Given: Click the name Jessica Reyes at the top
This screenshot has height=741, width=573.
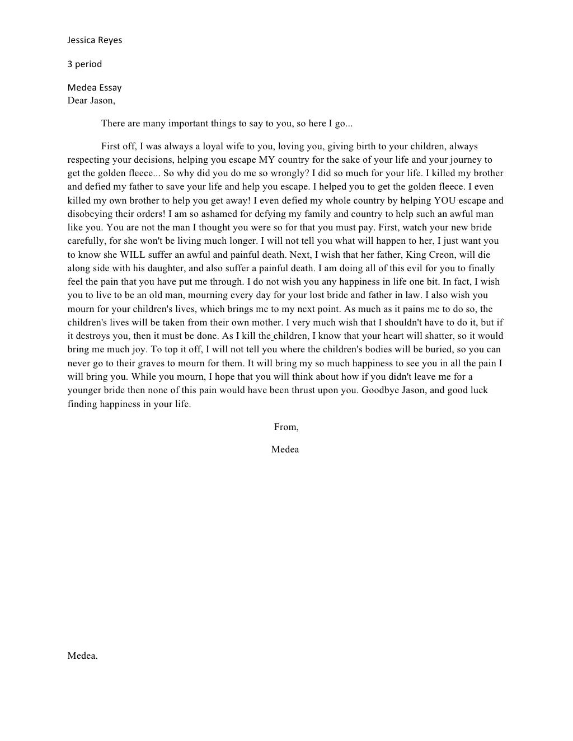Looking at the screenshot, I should pos(95,40).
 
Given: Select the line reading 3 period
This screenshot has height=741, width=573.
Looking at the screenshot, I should pos(84,64).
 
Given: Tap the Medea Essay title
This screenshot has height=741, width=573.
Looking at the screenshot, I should pos(95,88).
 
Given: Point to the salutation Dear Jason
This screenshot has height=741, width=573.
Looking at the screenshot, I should pos(91,101).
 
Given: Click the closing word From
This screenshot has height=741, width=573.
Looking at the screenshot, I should pos(286,427).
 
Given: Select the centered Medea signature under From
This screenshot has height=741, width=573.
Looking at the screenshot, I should pos(285,450).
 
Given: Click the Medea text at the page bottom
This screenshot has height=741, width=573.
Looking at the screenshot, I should pos(82,656).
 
